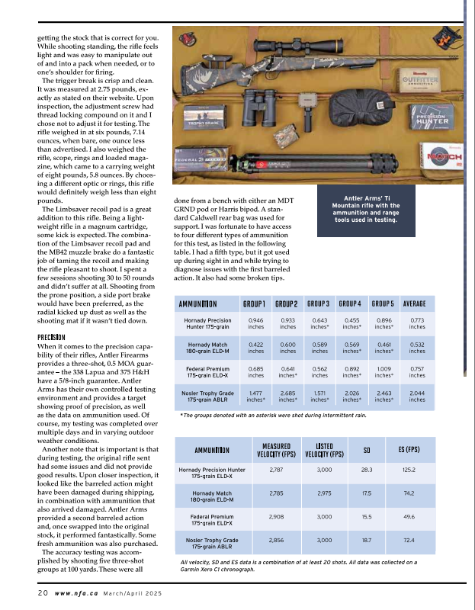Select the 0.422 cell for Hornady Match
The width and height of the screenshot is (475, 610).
(x=256, y=347)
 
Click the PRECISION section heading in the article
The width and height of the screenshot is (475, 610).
(x=52, y=336)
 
